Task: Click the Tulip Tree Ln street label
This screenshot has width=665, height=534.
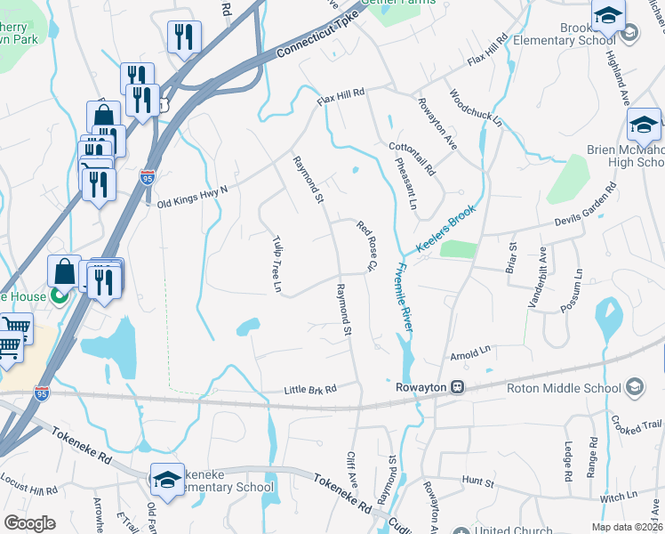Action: (x=276, y=264)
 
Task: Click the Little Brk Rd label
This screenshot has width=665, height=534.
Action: (x=310, y=389)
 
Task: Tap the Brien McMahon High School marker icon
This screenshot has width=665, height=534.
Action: (x=644, y=125)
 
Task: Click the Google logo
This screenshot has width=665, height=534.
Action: (x=29, y=522)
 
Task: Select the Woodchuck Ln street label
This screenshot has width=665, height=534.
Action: (x=474, y=107)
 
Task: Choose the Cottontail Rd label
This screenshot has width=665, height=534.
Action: (x=412, y=157)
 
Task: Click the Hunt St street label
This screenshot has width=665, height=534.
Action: (x=478, y=481)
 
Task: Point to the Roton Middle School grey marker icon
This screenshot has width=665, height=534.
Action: (x=635, y=387)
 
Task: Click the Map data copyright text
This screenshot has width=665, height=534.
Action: (x=626, y=526)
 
